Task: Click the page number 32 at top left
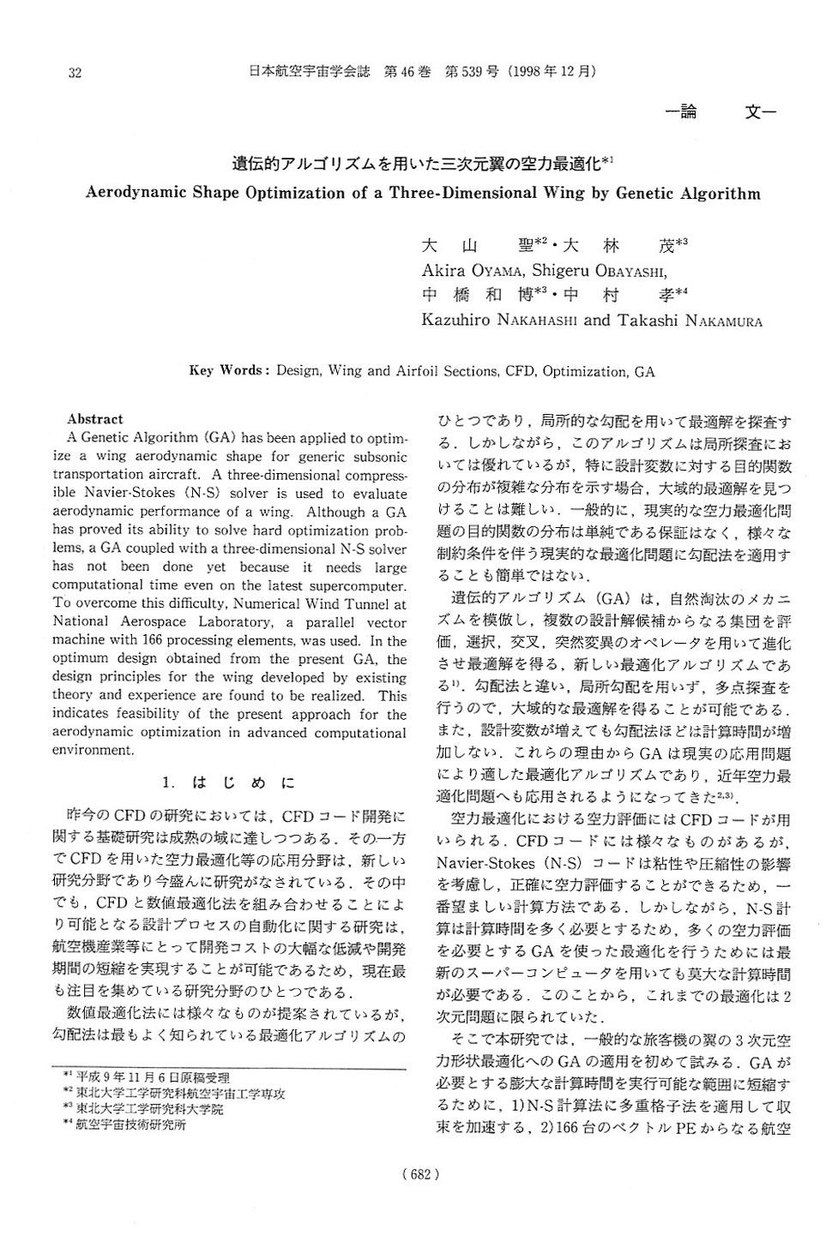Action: (x=75, y=73)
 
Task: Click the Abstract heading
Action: (x=95, y=419)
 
